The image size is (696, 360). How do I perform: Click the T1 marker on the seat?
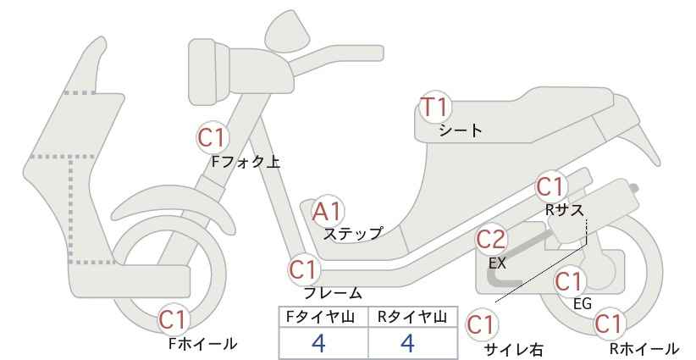click(x=435, y=107)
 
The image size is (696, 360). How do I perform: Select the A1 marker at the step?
click(x=327, y=212)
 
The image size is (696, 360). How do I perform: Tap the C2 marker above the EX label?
click(x=491, y=240)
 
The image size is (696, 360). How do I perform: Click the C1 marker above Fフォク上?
click(x=213, y=137)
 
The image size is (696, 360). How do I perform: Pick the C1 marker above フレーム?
click(x=304, y=269)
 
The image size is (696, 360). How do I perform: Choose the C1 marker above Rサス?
click(x=551, y=186)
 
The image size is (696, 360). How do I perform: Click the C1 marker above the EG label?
click(x=570, y=281)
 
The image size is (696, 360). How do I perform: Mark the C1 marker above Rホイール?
click(x=609, y=324)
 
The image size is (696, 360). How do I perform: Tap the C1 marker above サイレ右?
click(x=482, y=324)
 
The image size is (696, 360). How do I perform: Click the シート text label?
click(x=461, y=130)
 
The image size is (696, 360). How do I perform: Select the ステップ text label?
click(x=352, y=234)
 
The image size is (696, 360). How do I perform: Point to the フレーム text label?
click(x=332, y=293)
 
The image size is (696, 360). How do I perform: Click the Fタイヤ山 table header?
click(x=320, y=317)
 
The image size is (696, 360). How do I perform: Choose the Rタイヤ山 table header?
click(x=412, y=317)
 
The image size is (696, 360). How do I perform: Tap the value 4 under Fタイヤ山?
click(x=318, y=343)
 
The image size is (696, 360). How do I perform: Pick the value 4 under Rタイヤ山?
click(x=407, y=343)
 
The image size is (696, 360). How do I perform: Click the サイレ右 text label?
click(x=514, y=350)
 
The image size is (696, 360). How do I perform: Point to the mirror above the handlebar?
click(x=287, y=26)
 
